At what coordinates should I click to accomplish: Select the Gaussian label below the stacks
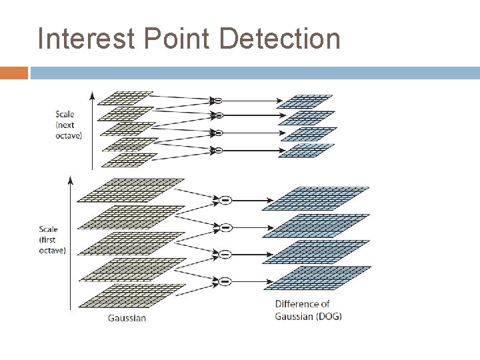pos(127,318)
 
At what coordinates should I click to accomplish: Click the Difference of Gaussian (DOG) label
pos(308,310)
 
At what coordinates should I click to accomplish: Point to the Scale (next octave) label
pos(69,125)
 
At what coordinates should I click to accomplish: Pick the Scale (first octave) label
pos(52,240)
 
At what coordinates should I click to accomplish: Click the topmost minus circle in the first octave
pos(225,200)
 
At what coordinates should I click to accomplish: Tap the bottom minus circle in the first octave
pos(225,281)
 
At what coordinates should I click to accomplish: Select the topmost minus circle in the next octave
pos(217,101)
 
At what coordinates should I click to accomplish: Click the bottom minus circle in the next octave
pos(217,151)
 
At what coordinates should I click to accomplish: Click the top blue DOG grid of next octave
pos(305,101)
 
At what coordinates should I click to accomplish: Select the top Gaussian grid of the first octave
pos(131,190)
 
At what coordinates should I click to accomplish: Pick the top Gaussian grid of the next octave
pos(125,98)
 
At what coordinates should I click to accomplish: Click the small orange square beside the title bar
pos(14,73)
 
